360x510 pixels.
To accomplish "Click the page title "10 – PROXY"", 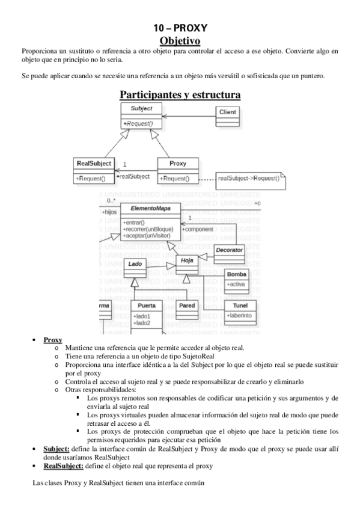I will click(180, 29).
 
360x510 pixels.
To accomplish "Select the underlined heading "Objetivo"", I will click(180, 40).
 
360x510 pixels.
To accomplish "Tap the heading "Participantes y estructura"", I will click(180, 94).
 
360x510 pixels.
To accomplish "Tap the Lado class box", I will click(135, 264).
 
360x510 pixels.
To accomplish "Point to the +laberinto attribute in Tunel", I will click(238, 315).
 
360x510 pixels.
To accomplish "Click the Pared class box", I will click(187, 306).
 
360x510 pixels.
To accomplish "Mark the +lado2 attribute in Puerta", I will click(142, 323).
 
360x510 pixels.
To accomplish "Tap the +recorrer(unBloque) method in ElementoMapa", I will click(147, 229).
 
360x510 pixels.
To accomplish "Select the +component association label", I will click(198, 229).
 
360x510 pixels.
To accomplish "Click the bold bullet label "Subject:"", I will click(56, 449).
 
